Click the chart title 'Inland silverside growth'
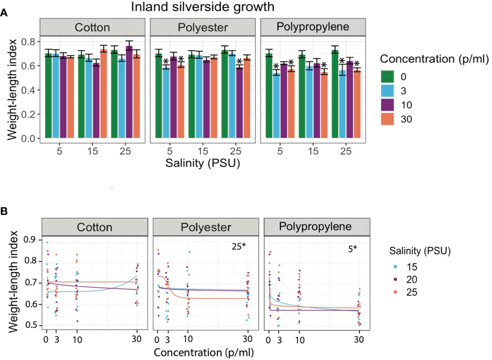[x=203, y=7]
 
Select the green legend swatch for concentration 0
[x=387, y=77]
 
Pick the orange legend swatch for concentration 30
[x=387, y=119]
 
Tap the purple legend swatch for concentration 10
[x=387, y=105]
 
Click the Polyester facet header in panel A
[x=203, y=28]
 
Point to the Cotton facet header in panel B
[x=94, y=227]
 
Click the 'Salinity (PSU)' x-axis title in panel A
[x=203, y=163]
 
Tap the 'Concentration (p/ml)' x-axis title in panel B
[x=204, y=353]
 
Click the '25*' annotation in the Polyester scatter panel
[x=238, y=246]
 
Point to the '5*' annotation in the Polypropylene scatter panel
[x=352, y=249]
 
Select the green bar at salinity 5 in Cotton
[x=48, y=96]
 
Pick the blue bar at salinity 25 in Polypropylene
[x=342, y=104]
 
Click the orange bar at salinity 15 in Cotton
[x=103, y=94]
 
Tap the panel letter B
[x=4, y=211]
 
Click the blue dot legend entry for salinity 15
[x=395, y=267]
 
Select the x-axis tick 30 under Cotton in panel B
[x=137, y=339]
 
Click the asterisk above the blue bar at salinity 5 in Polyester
[x=166, y=61]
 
